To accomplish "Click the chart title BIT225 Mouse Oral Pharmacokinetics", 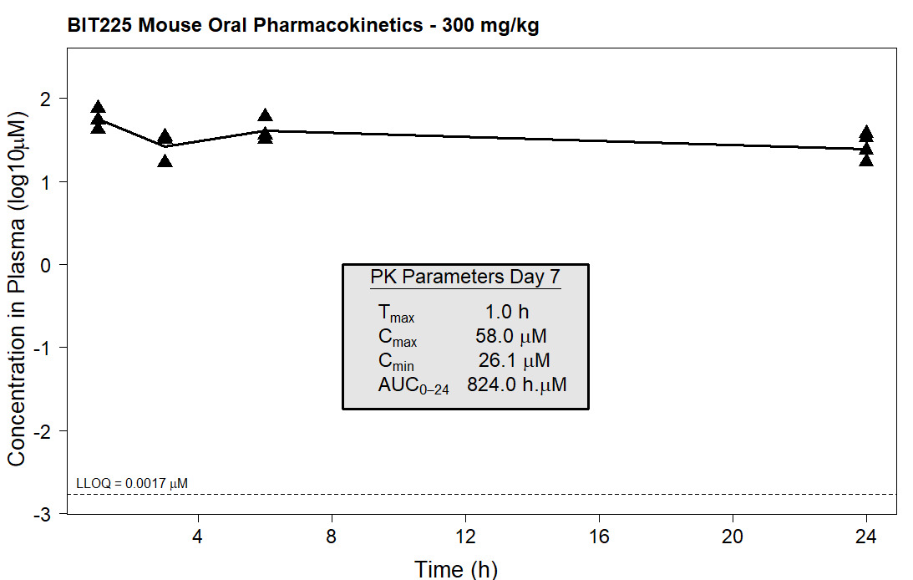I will click(304, 25).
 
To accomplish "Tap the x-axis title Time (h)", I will click(456, 569).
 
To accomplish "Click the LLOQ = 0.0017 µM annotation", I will click(132, 483).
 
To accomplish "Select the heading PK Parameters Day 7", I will click(465, 277).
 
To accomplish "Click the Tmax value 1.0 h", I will click(507, 313).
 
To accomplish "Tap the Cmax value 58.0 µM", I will click(510, 337).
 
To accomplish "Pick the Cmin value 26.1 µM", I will click(514, 361).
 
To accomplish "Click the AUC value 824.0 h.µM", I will click(516, 385).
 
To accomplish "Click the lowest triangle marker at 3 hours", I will click(165, 160).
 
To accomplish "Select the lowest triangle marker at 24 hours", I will click(866, 159).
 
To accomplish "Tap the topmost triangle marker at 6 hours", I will click(266, 115).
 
